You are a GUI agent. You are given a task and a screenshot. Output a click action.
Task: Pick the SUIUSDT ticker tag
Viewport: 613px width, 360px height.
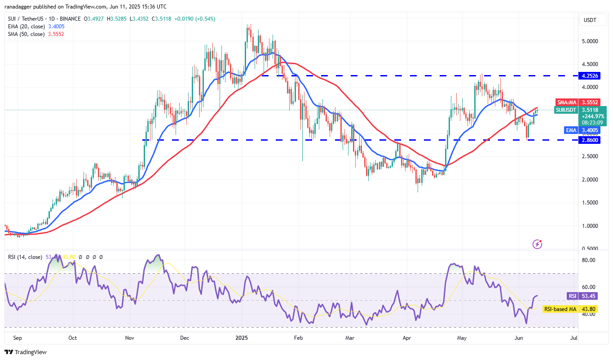[566, 110]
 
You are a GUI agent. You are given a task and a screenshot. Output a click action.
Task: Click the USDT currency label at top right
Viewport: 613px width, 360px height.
[590, 20]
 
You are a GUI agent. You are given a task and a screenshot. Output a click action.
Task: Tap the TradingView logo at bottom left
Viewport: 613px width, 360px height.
[26, 352]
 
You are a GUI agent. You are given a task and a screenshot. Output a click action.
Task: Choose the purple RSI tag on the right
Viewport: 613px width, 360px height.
[572, 296]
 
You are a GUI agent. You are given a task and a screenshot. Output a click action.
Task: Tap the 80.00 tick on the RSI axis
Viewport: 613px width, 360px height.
[589, 260]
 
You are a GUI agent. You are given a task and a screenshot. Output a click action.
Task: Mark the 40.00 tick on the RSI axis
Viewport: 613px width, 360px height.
[589, 314]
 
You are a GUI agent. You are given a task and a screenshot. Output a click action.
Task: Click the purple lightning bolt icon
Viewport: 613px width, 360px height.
[537, 244]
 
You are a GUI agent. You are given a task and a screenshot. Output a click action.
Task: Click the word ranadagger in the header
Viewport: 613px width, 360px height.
[19, 7]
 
